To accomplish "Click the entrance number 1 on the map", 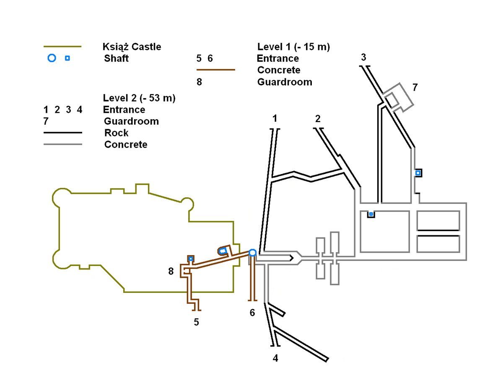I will (x=275, y=119).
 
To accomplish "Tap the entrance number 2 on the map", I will (x=318, y=119).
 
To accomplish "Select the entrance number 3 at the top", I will (x=363, y=57).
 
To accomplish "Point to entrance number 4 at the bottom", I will (x=275, y=358).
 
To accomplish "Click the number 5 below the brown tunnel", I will (x=196, y=322).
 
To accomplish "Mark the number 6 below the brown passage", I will (x=252, y=313).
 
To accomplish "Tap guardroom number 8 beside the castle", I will (x=171, y=271).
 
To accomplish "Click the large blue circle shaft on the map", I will (x=252, y=252).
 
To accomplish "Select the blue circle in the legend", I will (x=52, y=58).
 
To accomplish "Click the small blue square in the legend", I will (x=67, y=58).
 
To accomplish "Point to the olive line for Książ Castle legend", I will (x=62, y=47).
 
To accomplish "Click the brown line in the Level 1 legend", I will (x=215, y=70).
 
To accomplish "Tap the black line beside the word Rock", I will (x=62, y=133).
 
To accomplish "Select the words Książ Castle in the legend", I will (x=132, y=47).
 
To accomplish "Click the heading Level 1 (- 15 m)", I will (x=293, y=47).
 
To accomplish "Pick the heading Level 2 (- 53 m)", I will (x=139, y=98).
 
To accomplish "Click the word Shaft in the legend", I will (x=116, y=58).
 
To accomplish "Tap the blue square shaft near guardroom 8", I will (x=191, y=258).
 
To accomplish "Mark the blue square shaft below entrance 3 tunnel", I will (x=417, y=172).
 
